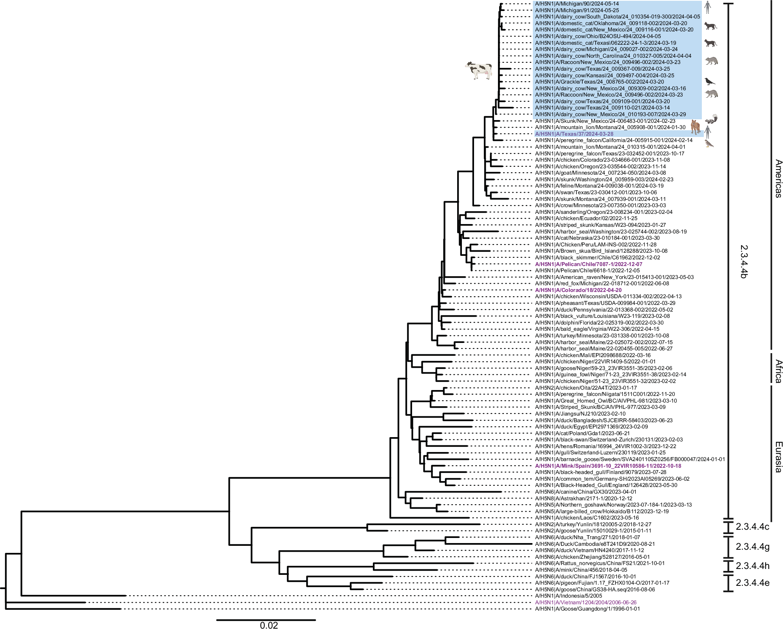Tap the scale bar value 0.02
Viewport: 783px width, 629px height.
click(x=269, y=625)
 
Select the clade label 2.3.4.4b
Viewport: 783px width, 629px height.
click(x=743, y=262)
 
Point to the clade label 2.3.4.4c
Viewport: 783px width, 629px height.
click(x=752, y=527)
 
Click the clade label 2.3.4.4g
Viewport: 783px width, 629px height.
click(x=752, y=547)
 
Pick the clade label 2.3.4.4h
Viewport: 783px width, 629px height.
click(x=752, y=566)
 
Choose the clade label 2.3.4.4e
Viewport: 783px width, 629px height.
click(x=752, y=583)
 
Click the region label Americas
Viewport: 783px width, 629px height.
click(x=778, y=179)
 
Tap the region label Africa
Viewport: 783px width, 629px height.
click(x=778, y=371)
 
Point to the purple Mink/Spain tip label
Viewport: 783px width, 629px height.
click(x=608, y=466)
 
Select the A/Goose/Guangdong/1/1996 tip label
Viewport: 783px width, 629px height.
click(x=587, y=609)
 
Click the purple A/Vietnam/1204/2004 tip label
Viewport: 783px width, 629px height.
click(x=586, y=602)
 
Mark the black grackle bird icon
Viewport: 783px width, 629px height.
click(x=709, y=82)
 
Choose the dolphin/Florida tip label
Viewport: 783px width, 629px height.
click(x=599, y=323)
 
